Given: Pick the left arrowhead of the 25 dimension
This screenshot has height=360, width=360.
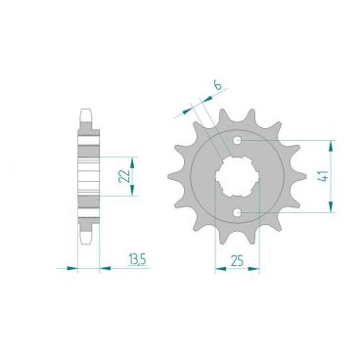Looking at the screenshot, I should click(218, 266).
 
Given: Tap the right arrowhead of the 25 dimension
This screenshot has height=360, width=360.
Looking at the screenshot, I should click(257, 266).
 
